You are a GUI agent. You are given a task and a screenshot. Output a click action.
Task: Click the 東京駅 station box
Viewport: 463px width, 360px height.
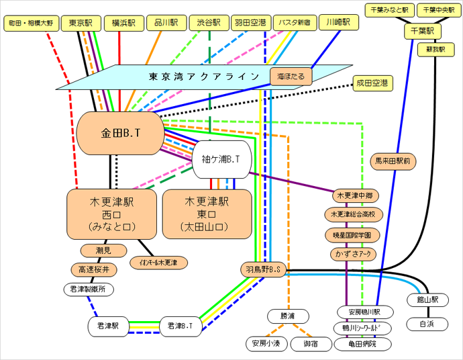point(81,23)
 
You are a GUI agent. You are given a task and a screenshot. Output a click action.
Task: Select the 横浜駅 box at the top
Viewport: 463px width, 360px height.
point(123,23)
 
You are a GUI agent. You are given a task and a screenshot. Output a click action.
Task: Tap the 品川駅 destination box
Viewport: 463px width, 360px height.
point(165,23)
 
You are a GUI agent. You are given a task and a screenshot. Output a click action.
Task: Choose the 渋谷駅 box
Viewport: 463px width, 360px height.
point(209,23)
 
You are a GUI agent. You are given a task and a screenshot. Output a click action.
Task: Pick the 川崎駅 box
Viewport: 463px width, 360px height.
point(338,22)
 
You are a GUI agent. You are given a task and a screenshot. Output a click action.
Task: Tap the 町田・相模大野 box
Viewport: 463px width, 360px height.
point(31,23)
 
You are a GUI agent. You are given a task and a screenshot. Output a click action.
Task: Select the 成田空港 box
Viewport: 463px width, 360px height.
point(372,83)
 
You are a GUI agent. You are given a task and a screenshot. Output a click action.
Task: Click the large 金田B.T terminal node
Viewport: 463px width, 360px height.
point(120,133)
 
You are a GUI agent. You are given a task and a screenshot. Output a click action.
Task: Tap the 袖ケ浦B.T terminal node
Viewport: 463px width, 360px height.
point(221,160)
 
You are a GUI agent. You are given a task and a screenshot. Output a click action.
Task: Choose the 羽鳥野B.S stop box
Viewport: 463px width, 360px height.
point(264,269)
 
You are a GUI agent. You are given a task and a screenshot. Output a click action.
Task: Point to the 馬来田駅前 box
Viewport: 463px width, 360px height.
point(396,161)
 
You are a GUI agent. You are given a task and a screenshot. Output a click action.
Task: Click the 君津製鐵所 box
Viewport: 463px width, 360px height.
point(88,289)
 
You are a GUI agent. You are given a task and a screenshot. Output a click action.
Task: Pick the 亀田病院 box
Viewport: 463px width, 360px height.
point(363,344)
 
